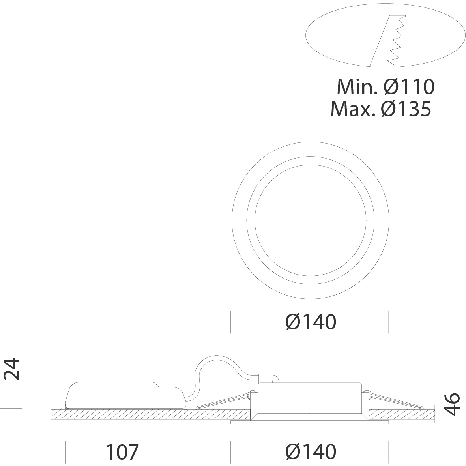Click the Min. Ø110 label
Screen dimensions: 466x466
click(x=386, y=87)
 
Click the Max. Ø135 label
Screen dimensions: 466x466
click(x=381, y=109)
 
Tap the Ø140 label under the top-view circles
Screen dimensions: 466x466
click(x=311, y=322)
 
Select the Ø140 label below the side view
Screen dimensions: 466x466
click(x=311, y=452)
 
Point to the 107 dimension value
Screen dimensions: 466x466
click(x=122, y=452)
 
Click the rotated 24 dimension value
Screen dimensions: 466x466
click(x=12, y=369)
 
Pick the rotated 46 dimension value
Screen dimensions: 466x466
click(x=452, y=404)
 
